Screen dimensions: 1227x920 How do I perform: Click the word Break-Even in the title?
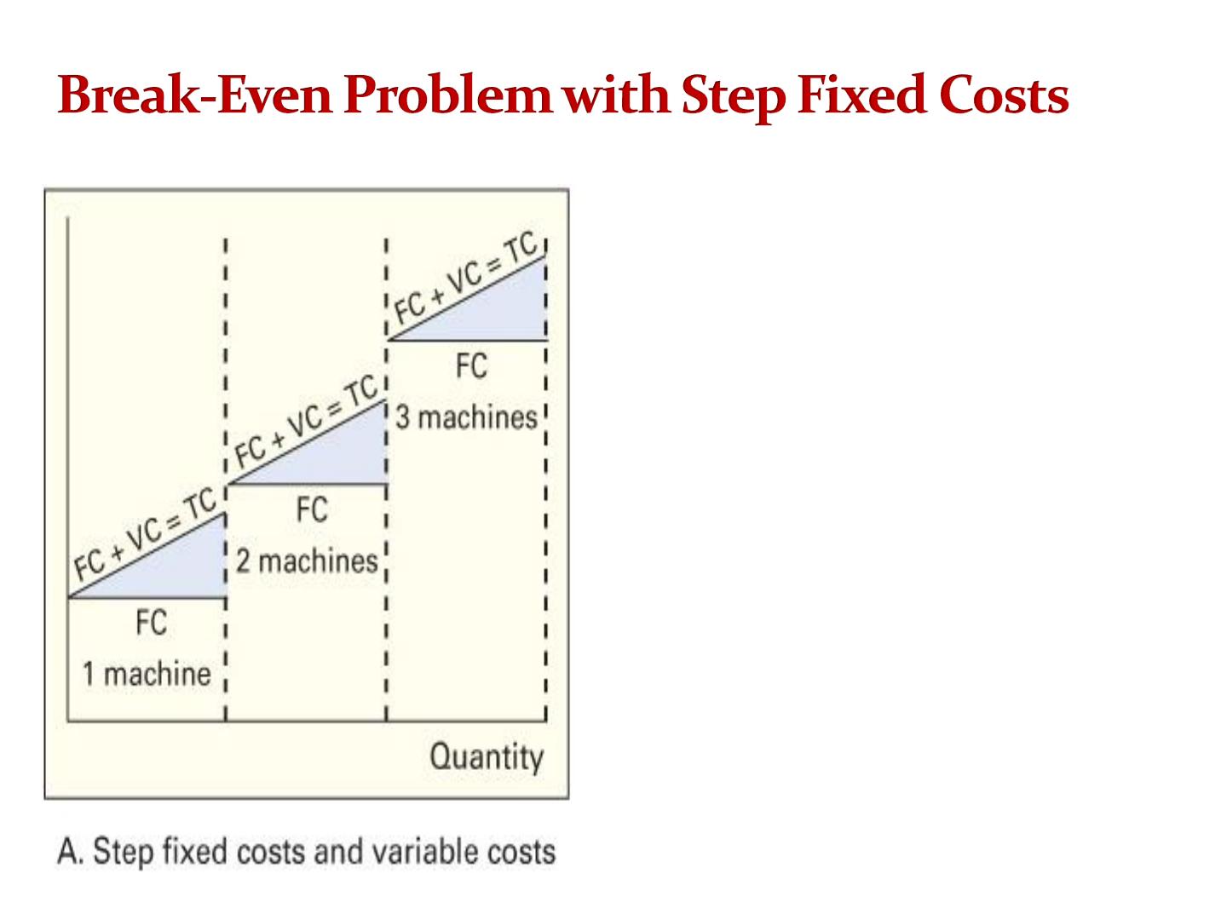195,95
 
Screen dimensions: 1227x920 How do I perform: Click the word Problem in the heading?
447,95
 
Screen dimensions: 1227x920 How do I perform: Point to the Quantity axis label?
487,757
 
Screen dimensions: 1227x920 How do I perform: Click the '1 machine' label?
147,674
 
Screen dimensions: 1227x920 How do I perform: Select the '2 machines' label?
307,561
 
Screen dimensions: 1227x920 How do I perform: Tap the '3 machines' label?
466,417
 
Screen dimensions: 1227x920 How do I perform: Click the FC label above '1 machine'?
152,622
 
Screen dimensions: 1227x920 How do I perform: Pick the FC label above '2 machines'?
312,509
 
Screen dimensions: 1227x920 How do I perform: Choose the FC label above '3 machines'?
472,366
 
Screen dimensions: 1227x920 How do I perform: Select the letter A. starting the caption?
71,852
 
